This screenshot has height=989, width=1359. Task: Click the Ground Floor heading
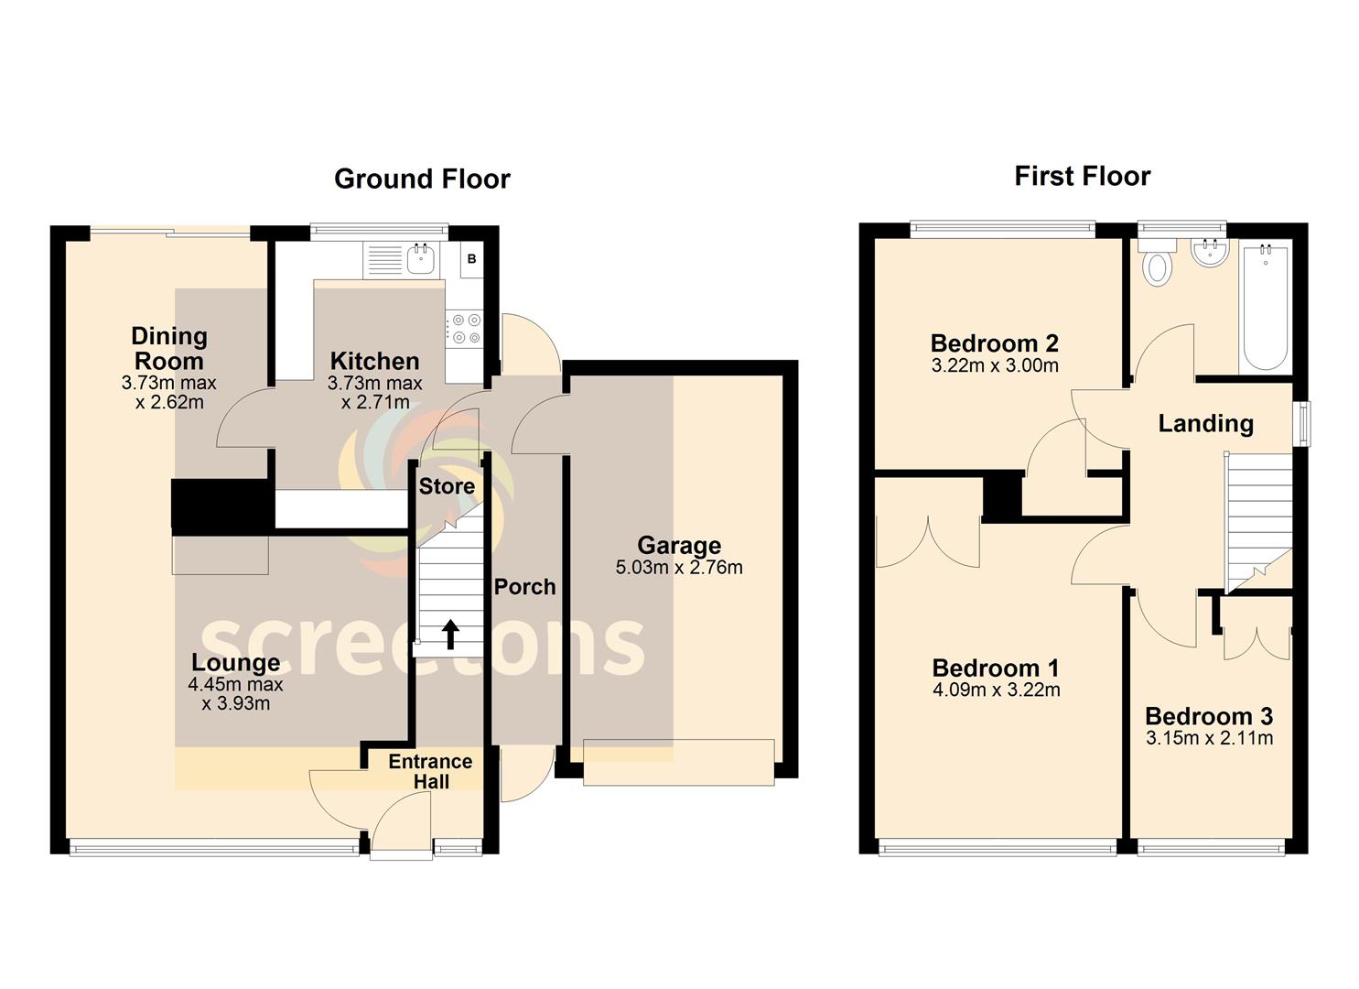point(422,179)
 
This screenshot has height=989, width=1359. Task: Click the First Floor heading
point(1083,177)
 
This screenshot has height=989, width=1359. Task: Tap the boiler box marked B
point(472,259)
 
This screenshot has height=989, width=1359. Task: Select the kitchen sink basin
point(420,259)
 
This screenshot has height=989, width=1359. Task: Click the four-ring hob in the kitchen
point(465,329)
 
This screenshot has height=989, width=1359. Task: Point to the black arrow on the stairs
point(449,635)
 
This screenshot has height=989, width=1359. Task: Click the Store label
point(447,486)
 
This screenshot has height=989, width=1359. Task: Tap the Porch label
point(524,586)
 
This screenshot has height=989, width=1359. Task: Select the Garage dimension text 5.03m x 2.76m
point(679,568)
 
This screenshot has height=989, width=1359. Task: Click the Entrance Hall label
point(431,772)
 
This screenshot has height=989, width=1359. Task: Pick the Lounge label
point(236,662)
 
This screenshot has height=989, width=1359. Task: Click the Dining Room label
point(169,349)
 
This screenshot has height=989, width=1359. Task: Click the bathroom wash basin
point(1210,252)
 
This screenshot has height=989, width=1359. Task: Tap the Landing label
point(1205,424)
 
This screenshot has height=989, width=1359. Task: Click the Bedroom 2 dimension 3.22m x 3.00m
point(995,365)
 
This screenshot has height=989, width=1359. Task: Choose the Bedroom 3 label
point(1209,716)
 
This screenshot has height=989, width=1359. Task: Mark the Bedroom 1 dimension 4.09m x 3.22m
point(997,690)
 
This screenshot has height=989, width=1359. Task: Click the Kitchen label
point(375,361)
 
